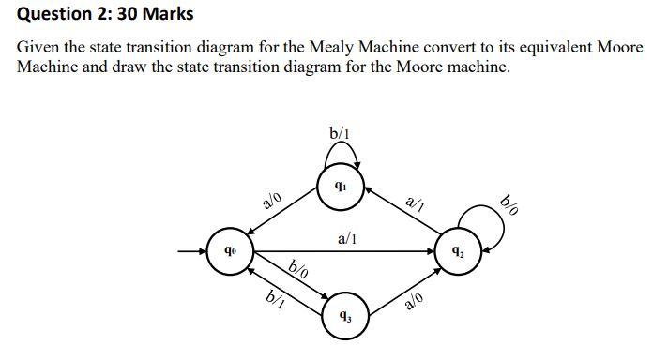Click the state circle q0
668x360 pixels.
tap(228, 252)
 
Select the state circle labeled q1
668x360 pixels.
tap(340, 185)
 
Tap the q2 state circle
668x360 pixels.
tap(457, 252)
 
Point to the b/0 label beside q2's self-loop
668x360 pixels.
tap(511, 205)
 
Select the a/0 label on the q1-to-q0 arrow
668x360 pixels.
tap(272, 200)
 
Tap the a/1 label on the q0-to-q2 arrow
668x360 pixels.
tap(346, 239)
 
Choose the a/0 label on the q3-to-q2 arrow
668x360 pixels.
tap(414, 301)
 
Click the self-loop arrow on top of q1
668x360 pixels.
tap(340, 153)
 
